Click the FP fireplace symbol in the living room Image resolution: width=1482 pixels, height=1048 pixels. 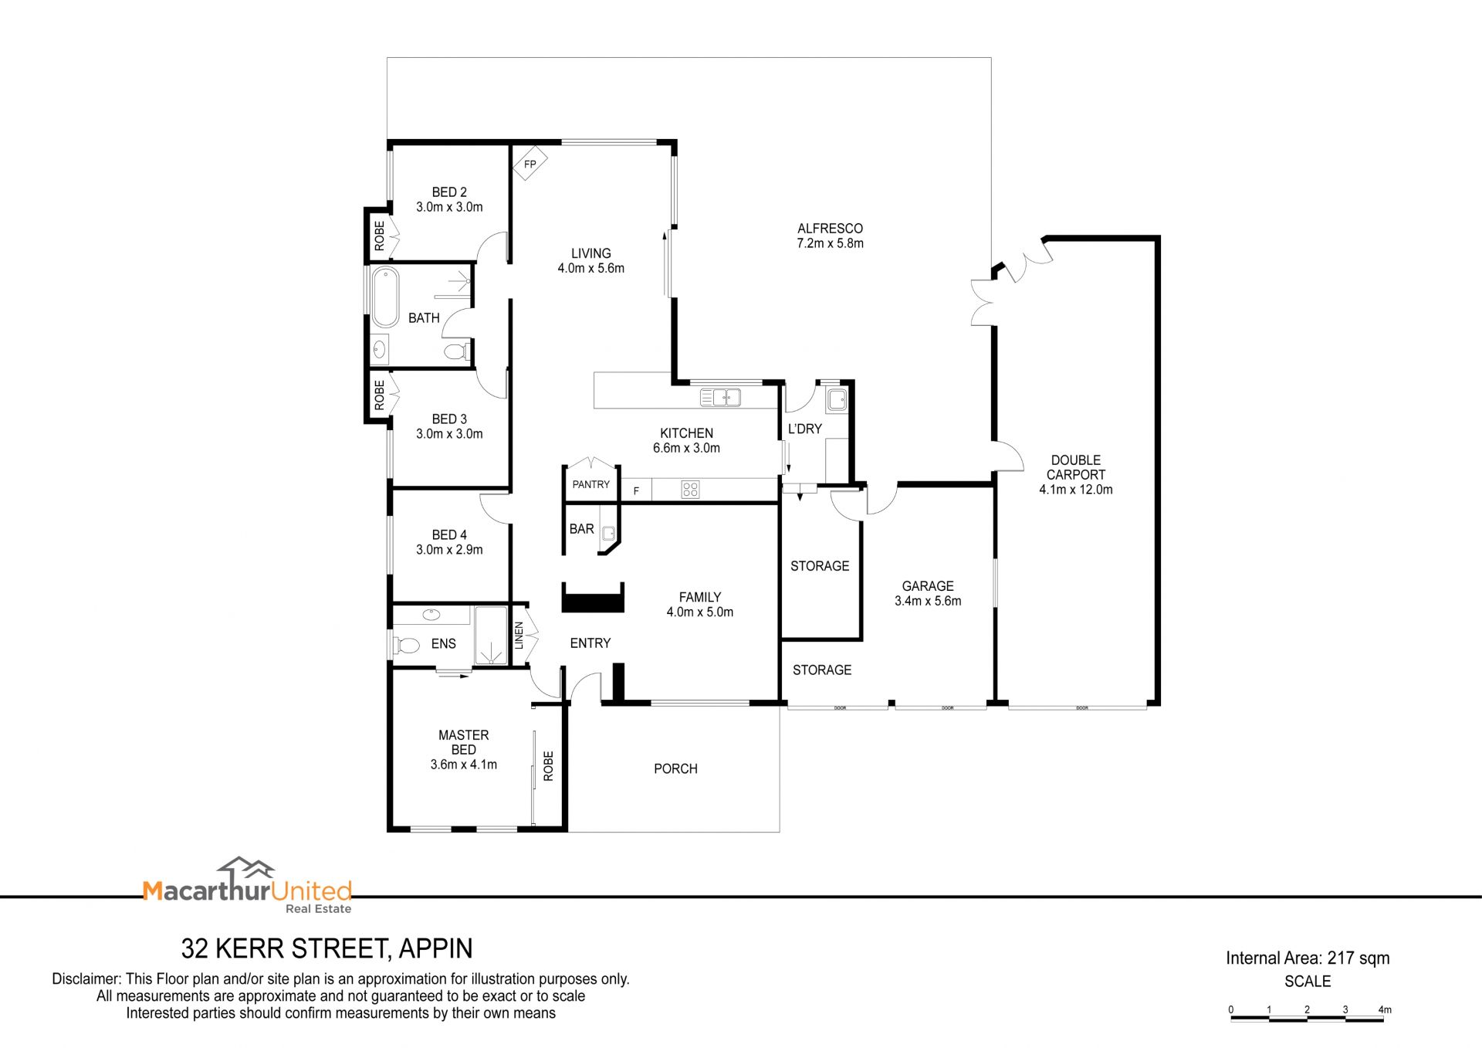pyautogui.click(x=530, y=163)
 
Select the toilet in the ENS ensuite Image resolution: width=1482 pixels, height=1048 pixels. pyautogui.click(x=407, y=644)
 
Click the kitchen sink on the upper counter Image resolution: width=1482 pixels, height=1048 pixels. pyautogui.click(x=720, y=397)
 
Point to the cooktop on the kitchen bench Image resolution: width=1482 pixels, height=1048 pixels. pyautogui.click(x=690, y=489)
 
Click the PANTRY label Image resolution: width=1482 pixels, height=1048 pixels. pyautogui.click(x=591, y=484)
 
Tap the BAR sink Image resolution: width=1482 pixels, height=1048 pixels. pyautogui.click(x=608, y=532)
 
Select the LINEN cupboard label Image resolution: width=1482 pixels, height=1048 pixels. pyautogui.click(x=519, y=635)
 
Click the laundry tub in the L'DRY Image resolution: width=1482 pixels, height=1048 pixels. pyautogui.click(x=837, y=400)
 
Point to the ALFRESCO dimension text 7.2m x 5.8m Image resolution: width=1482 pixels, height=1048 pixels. pyautogui.click(x=830, y=243)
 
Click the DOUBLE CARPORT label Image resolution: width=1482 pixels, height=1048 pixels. pyautogui.click(x=1076, y=467)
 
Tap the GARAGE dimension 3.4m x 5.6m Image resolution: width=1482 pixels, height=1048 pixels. pyautogui.click(x=928, y=601)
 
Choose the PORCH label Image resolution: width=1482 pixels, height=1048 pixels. pyautogui.click(x=675, y=768)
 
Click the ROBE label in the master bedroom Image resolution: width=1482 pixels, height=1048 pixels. pyautogui.click(x=548, y=765)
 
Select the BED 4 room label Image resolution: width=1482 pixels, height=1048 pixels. pyautogui.click(x=449, y=534)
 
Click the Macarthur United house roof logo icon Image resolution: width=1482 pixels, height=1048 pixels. pyautogui.click(x=245, y=869)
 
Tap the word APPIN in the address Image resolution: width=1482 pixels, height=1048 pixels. pyautogui.click(x=435, y=948)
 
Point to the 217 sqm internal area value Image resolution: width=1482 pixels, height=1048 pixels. pyautogui.click(x=1358, y=958)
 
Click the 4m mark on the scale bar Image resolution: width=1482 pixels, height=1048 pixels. pyautogui.click(x=1385, y=1009)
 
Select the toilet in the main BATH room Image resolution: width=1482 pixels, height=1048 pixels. pyautogui.click(x=456, y=352)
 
